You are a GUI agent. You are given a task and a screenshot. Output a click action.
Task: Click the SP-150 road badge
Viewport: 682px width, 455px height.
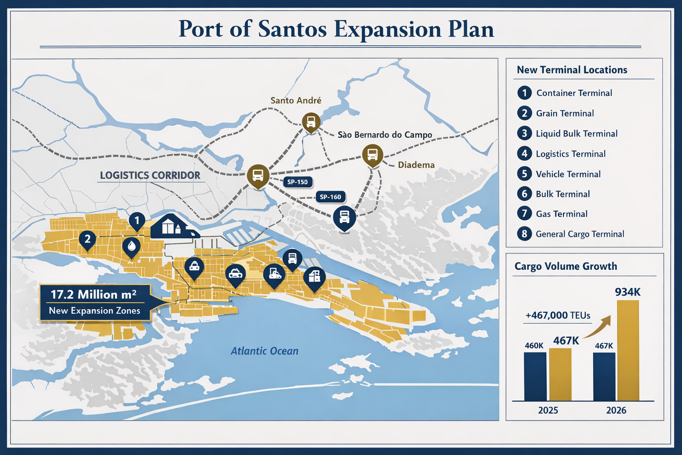tap(297, 182)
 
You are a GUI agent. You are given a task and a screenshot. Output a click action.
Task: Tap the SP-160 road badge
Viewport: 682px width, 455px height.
tap(330, 197)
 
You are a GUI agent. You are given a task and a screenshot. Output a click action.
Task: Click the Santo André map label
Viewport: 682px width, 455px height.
tap(296, 100)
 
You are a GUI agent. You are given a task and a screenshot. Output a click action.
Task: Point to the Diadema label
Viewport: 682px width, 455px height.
tap(416, 165)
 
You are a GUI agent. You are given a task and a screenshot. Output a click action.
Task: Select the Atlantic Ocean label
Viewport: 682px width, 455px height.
tap(264, 351)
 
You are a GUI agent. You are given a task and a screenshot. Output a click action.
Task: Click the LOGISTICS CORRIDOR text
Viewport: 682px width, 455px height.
tap(150, 176)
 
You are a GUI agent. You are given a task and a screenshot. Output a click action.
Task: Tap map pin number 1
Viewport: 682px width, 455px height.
tap(137, 220)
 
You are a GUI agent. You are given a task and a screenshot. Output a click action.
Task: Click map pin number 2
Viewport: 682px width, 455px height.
tap(87, 239)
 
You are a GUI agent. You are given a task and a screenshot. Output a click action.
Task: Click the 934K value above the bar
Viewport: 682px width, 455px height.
tap(627, 292)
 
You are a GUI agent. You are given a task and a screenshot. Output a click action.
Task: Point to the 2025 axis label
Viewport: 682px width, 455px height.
tap(548, 410)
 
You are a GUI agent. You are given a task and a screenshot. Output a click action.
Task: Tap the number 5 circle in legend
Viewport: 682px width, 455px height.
tap(524, 174)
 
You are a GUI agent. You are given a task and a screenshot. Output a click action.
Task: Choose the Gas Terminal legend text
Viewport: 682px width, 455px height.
tap(561, 214)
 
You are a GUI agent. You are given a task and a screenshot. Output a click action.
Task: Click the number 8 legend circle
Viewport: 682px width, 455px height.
tap(524, 234)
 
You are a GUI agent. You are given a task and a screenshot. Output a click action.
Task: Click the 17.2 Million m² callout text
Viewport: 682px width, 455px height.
tap(94, 294)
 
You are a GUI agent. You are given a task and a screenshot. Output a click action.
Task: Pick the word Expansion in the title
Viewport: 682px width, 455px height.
tap(387, 29)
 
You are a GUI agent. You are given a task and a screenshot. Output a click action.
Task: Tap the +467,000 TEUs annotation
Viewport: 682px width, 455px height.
tap(558, 315)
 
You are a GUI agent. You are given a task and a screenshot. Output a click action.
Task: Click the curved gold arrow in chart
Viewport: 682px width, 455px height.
tap(597, 328)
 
